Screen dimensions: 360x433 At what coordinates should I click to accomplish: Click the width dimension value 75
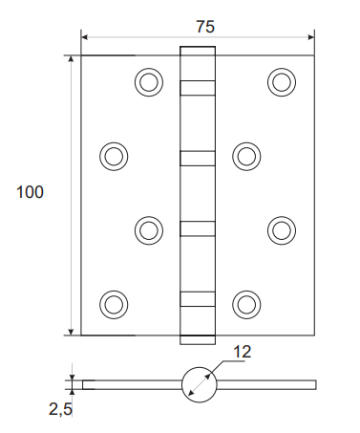click(x=205, y=27)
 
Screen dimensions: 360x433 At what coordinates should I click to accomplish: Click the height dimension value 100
click(x=30, y=192)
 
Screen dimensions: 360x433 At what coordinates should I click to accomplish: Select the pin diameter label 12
click(x=243, y=352)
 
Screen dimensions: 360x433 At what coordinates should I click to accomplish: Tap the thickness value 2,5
click(x=60, y=409)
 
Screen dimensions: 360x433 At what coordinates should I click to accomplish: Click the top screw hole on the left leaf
click(x=149, y=82)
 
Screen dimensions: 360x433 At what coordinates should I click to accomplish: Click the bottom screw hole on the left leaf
click(x=114, y=304)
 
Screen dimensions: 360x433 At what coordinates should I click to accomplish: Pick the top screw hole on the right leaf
click(x=282, y=82)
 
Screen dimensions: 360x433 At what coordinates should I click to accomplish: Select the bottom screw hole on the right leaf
click(x=246, y=304)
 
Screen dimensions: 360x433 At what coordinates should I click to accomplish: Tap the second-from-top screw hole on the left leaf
click(x=114, y=157)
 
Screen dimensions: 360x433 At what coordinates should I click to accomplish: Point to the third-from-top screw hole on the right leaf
click(x=282, y=230)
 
